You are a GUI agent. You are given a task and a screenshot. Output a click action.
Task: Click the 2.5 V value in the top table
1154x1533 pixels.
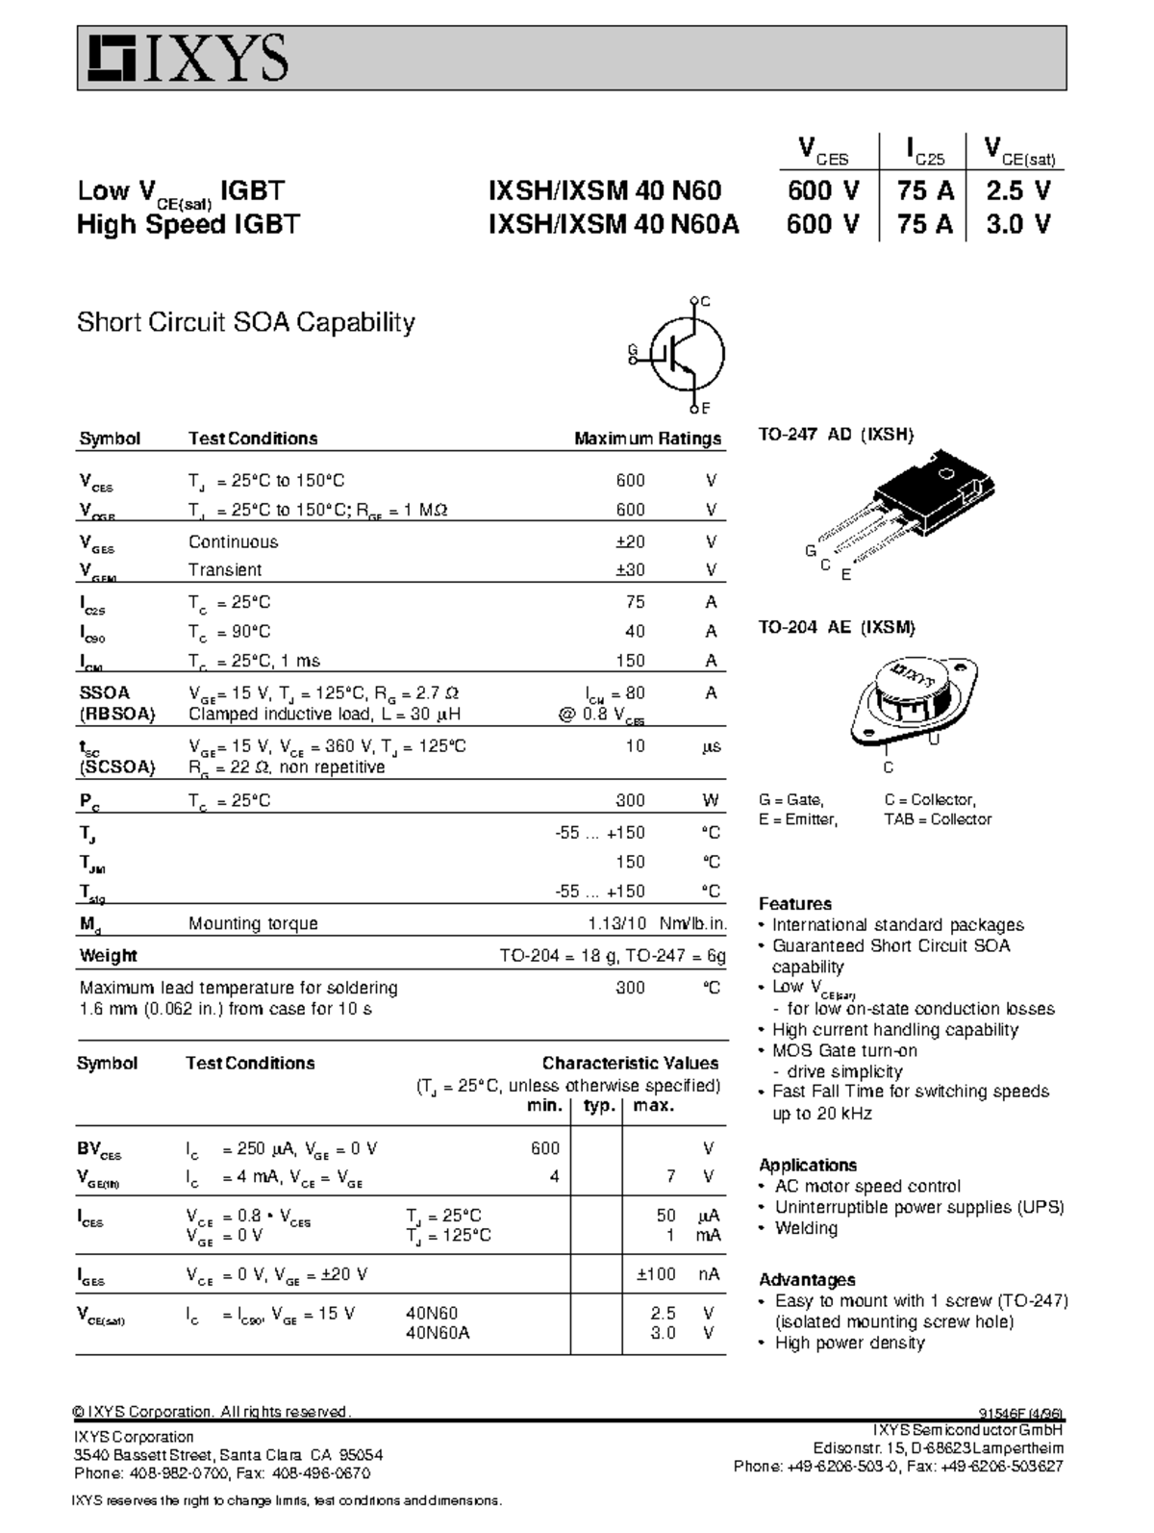pos(1018,190)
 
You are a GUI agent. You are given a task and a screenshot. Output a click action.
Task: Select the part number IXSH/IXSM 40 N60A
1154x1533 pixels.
pos(614,224)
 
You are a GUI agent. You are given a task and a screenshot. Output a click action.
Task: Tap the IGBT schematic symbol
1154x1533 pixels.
pos(684,354)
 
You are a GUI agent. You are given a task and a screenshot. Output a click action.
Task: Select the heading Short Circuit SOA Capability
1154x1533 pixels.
pos(245,322)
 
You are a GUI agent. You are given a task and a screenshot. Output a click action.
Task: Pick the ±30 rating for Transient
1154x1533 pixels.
pos(630,569)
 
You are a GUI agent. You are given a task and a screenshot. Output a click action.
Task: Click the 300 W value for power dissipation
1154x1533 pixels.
pos(630,800)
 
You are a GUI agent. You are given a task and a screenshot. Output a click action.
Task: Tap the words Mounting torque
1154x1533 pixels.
pos(253,923)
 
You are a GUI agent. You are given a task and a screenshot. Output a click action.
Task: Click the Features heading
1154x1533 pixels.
pos(794,904)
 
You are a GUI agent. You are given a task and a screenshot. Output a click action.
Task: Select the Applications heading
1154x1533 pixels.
pos(807,1165)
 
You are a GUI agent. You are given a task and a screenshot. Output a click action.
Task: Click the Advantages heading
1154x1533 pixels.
pos(807,1280)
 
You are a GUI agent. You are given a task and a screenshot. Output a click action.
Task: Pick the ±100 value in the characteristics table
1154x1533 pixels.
pos(656,1274)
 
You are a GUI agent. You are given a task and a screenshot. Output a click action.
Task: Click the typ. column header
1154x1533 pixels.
pos(598,1106)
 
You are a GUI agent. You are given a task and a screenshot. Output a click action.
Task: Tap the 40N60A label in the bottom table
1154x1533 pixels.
pos(438,1333)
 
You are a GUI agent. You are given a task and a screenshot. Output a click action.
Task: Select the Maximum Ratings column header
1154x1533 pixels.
pos(647,439)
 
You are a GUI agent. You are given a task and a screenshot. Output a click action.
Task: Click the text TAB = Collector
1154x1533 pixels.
pos(938,819)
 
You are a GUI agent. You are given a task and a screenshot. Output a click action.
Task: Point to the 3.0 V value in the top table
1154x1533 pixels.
pos(1018,224)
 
